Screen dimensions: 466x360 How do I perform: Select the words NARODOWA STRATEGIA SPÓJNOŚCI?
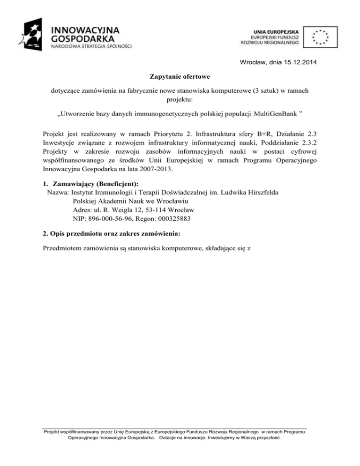(91, 46)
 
